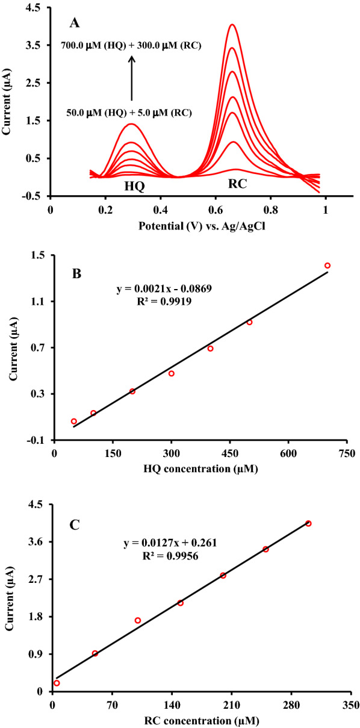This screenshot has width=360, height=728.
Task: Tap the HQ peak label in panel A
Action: click(134, 186)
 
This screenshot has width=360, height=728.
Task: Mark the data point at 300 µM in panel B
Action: click(172, 373)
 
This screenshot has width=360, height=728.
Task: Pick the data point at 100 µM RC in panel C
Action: click(138, 620)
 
